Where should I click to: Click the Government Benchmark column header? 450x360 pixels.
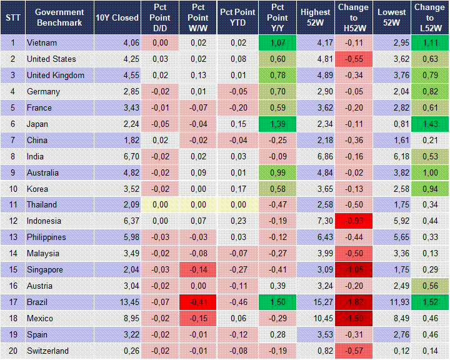[x=59, y=17]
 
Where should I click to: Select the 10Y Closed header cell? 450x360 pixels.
[x=117, y=17]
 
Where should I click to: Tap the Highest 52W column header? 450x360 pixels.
[x=315, y=17]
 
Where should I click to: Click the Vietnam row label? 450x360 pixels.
[x=42, y=43]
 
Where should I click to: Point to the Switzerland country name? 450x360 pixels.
[x=47, y=351]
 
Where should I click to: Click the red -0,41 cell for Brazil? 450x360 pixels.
[x=198, y=302]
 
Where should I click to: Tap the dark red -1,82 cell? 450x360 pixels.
[x=354, y=302]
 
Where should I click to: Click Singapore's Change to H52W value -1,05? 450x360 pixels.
[x=354, y=269]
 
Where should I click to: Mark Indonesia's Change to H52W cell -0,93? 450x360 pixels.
[x=354, y=221]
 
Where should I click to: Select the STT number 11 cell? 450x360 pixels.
[x=12, y=205]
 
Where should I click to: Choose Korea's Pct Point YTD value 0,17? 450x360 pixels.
[x=238, y=189]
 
